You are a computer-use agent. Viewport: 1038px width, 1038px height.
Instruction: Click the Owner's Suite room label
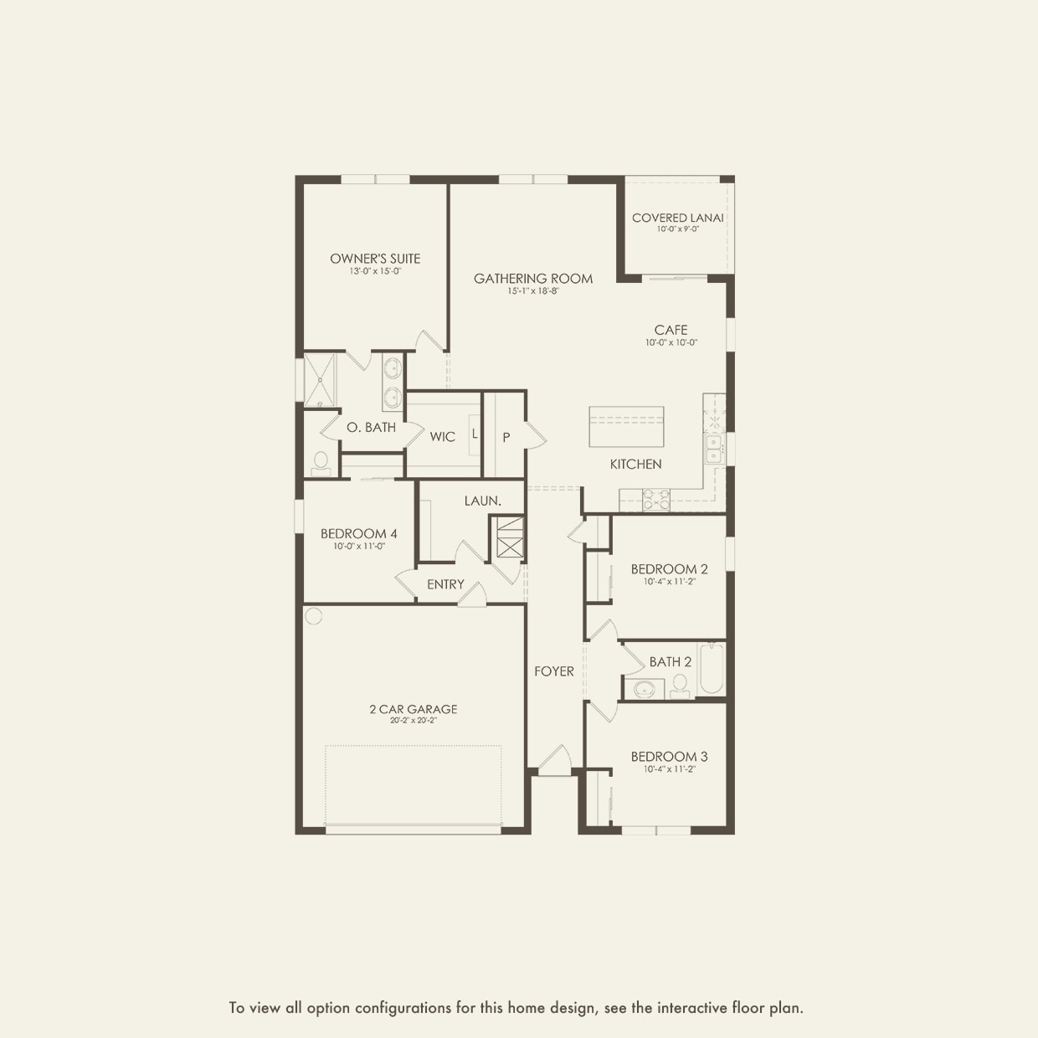[375, 259]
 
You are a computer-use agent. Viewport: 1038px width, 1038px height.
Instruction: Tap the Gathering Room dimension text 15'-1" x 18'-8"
[532, 291]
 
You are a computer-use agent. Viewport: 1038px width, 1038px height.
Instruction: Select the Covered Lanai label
[678, 218]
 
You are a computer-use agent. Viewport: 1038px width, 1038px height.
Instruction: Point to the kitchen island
[626, 427]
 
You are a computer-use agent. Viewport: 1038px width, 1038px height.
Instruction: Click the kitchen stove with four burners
[656, 500]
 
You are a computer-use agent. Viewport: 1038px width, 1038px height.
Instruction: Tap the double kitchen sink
[714, 449]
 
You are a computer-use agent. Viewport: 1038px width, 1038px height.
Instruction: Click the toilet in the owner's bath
[321, 465]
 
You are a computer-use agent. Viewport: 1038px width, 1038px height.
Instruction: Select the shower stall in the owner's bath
[320, 380]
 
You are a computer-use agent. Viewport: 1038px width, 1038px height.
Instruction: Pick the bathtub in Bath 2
[711, 669]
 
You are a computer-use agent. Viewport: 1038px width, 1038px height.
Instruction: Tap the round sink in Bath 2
[644, 689]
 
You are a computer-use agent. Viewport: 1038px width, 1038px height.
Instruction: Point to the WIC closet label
[442, 437]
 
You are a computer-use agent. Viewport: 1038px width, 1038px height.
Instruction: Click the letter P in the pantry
[506, 438]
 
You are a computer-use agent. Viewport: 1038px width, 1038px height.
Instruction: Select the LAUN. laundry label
[483, 501]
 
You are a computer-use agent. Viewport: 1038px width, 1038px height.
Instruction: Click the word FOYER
[554, 671]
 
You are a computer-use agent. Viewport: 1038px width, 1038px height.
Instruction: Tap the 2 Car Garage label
[414, 709]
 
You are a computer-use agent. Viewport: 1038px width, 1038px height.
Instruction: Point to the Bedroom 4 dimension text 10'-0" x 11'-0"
[359, 546]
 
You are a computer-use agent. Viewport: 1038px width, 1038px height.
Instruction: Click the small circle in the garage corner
[313, 615]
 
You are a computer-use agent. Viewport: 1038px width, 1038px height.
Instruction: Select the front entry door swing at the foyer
[555, 761]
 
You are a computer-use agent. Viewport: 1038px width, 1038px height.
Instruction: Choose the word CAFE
[671, 330]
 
